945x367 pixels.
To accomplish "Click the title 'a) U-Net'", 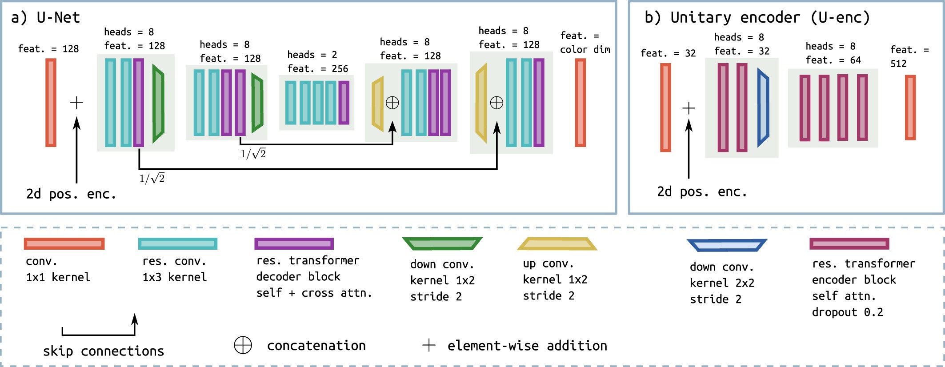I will [x=45, y=17].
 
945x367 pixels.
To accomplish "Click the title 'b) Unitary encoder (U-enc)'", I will [x=757, y=17].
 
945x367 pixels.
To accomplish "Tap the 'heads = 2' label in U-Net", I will [x=312, y=55].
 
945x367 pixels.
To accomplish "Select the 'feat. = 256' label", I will [x=317, y=68].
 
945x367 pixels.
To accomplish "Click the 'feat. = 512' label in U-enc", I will [x=909, y=56].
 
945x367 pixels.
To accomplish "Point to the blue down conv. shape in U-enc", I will [x=763, y=108].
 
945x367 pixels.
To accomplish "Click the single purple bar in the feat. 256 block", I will [x=344, y=103].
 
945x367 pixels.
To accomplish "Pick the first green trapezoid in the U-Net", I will [x=158, y=104].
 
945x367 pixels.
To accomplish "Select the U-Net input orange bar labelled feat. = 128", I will [x=51, y=103].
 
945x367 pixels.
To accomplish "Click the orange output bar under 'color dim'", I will [x=580, y=103].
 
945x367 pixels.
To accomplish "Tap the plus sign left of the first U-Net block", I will [x=76, y=103].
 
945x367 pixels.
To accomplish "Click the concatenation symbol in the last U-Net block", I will [x=497, y=103].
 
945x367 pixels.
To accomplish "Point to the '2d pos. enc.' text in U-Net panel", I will [x=71, y=194].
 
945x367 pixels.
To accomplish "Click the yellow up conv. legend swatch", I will [x=557, y=243].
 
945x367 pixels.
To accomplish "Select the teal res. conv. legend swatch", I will [x=177, y=243].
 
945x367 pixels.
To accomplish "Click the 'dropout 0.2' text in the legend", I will [x=847, y=312].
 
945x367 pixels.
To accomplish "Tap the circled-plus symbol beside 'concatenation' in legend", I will [x=243, y=345].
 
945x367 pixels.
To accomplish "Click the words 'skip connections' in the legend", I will [x=103, y=351].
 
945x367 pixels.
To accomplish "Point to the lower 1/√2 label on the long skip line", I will [x=152, y=179].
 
